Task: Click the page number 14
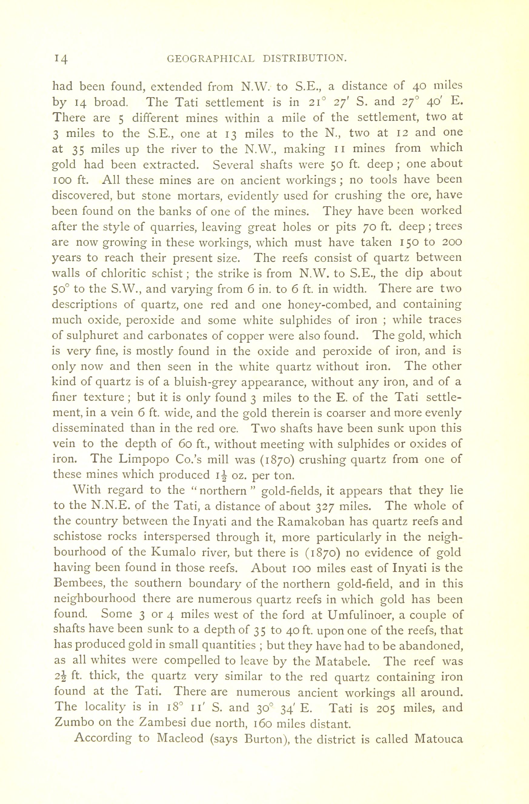(61, 58)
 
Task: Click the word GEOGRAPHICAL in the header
(211, 58)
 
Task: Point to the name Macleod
(181, 739)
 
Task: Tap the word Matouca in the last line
(438, 739)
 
